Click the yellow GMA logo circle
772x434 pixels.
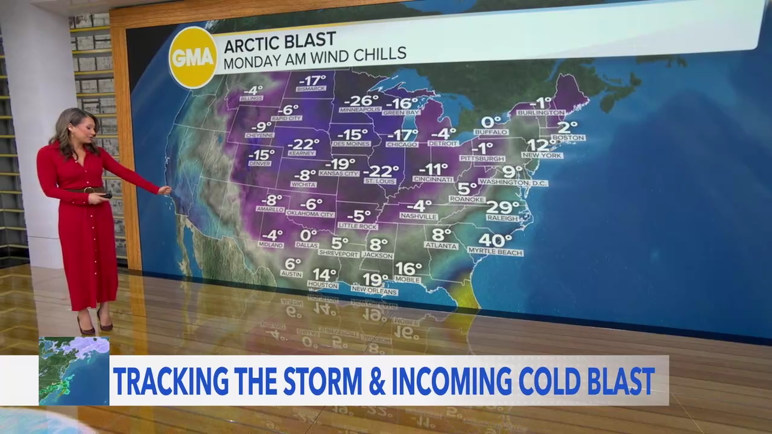(x=192, y=57)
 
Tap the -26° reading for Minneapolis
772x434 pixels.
(x=361, y=100)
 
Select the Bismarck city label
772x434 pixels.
(x=311, y=89)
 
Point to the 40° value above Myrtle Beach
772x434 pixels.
(x=495, y=241)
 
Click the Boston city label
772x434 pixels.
(x=568, y=138)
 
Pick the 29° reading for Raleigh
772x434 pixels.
(x=502, y=207)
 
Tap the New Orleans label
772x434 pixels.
(x=375, y=292)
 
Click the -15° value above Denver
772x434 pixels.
(x=261, y=154)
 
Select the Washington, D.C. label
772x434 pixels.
(x=514, y=183)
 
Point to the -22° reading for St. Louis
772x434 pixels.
(x=381, y=171)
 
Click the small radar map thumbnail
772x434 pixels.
(x=74, y=370)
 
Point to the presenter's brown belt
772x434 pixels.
(x=85, y=190)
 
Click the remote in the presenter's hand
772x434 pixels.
(x=107, y=195)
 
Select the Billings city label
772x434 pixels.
(x=252, y=98)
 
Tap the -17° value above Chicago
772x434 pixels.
(x=402, y=135)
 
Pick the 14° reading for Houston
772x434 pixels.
(x=324, y=274)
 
